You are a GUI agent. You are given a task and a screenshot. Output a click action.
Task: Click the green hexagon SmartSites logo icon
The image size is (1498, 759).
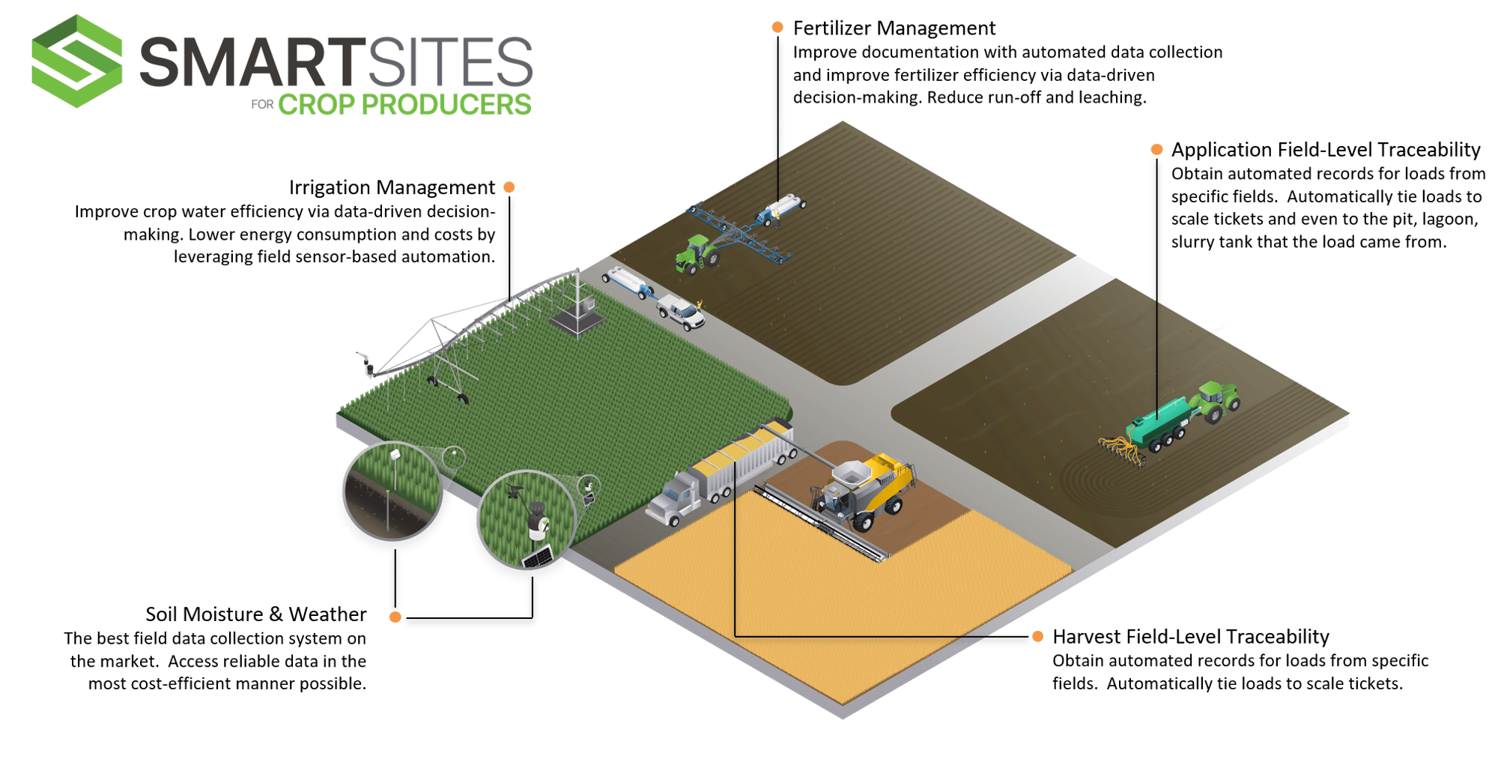click(x=76, y=61)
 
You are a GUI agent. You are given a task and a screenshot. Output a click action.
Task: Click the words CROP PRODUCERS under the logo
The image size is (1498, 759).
click(x=404, y=105)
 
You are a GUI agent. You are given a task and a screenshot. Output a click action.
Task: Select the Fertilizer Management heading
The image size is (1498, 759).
click(x=894, y=28)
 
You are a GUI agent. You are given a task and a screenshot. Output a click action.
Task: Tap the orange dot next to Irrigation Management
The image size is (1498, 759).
click(x=509, y=187)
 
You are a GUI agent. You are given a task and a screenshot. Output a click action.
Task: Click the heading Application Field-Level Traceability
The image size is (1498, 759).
click(x=1325, y=150)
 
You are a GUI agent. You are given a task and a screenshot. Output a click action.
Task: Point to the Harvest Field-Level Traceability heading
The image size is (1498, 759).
click(x=1190, y=637)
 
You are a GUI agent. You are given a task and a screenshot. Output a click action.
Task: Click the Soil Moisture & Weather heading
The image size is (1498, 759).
click(x=255, y=614)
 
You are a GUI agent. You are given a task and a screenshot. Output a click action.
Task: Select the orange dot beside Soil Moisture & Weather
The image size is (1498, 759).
click(x=395, y=617)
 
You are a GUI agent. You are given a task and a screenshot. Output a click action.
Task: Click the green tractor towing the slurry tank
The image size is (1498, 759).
click(x=1217, y=400)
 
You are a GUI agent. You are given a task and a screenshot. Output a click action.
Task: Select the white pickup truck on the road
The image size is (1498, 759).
click(x=681, y=312)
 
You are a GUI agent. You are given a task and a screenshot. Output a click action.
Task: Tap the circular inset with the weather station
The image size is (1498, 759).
click(x=527, y=518)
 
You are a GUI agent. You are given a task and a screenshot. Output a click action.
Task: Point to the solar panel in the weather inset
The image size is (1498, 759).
click(x=538, y=557)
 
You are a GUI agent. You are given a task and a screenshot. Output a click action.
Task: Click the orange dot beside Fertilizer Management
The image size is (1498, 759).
click(x=777, y=28)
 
